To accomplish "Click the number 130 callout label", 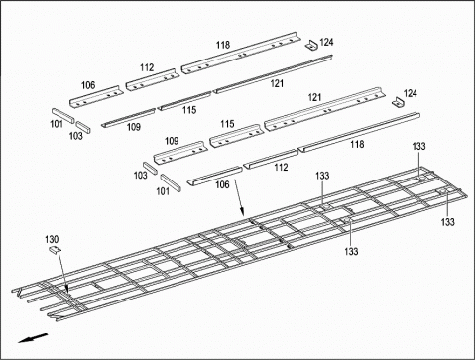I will (53, 239).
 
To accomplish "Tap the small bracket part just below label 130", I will (56, 251).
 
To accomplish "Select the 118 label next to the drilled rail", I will (223, 45).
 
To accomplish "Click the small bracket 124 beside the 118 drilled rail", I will (311, 46).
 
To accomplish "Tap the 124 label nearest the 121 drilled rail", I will (411, 93).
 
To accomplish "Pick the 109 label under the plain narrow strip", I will (133, 127).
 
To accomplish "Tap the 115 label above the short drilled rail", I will (226, 124).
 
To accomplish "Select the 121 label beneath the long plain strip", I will (277, 83).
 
